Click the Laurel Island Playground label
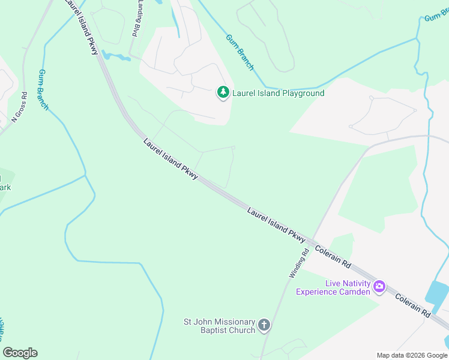pyautogui.click(x=279, y=93)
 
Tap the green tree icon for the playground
pyautogui.click(x=223, y=92)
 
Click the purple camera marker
pyautogui.click(x=379, y=286)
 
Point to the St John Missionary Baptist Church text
pyautogui.click(x=220, y=326)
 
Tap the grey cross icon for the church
pyautogui.click(x=264, y=326)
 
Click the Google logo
pyautogui.click(x=20, y=353)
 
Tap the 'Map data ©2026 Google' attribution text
pyautogui.click(x=412, y=355)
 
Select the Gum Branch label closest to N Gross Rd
pyautogui.click(x=43, y=90)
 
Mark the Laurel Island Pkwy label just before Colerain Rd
pyautogui.click(x=277, y=226)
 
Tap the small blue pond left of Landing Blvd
pyautogui.click(x=116, y=57)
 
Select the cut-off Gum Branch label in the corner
pyautogui.click(x=436, y=16)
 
